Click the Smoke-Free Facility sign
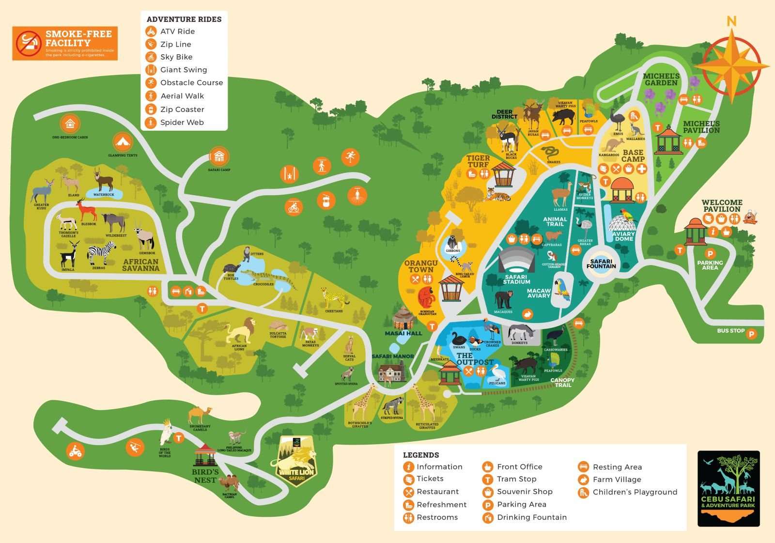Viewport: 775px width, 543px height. coord(65,43)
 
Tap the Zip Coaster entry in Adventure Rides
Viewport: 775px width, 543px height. coord(182,109)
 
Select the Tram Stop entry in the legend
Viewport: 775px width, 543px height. coord(516,479)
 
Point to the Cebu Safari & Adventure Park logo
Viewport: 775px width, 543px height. coord(728,488)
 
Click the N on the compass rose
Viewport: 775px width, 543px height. coord(731,21)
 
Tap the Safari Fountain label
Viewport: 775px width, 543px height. coord(601,264)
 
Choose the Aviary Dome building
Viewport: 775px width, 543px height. coord(623,224)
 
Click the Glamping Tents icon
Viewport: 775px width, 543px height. coord(123,142)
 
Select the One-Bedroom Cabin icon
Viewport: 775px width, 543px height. coord(70,124)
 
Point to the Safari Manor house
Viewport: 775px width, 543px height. coord(393,372)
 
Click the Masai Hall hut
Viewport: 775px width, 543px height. coord(403,318)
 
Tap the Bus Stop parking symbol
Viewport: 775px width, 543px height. coord(751,334)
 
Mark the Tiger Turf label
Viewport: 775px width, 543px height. coord(478,161)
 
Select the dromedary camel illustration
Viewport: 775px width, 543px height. coord(199,415)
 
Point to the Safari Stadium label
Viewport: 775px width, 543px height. coord(516,279)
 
